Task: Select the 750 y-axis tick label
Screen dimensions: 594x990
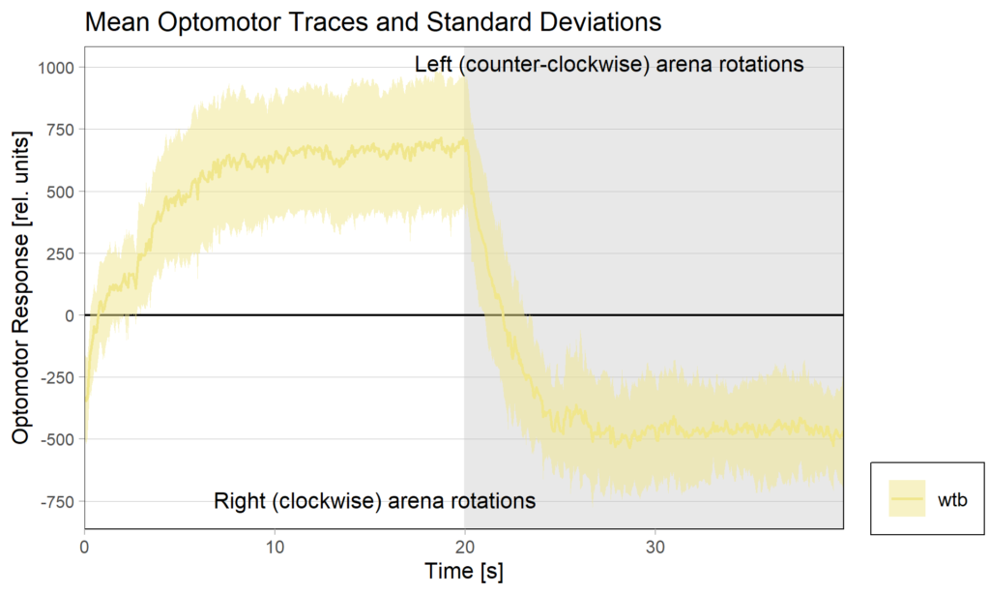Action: click(59, 130)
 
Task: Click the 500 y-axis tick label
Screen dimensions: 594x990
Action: click(59, 192)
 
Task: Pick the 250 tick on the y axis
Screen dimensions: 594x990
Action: click(59, 253)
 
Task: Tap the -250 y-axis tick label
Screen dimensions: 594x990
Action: click(56, 377)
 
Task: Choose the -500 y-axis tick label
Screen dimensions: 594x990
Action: click(56, 439)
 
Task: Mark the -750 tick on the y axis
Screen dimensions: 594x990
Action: click(56, 501)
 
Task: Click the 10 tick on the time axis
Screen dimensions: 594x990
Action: click(275, 543)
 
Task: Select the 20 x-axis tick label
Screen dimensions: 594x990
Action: click(464, 543)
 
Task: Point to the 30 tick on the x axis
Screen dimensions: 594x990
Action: click(655, 543)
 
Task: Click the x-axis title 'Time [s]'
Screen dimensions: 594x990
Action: click(464, 571)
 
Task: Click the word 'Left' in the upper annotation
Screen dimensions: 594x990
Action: click(432, 65)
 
